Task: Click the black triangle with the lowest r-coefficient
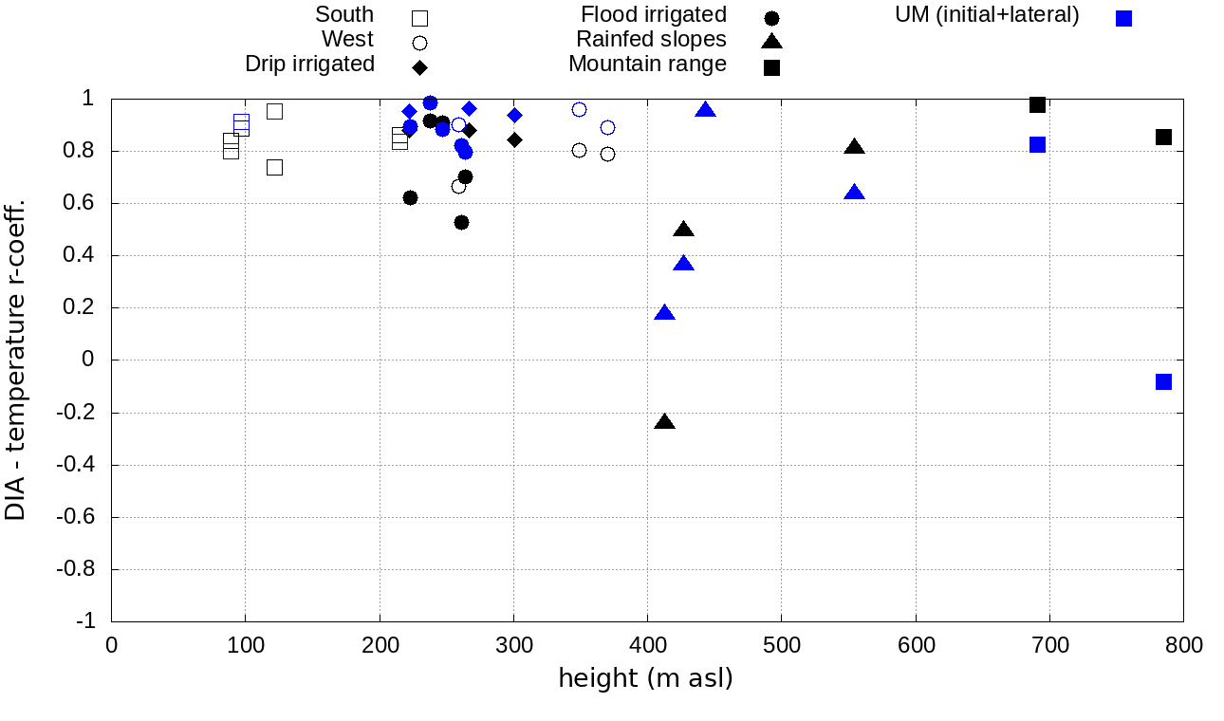point(665,422)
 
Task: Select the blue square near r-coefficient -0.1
point(1163,381)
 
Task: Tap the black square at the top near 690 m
point(1037,104)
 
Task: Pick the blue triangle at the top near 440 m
point(705,110)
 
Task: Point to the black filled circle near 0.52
point(461,222)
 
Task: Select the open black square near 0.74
point(274,167)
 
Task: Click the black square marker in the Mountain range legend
point(772,67)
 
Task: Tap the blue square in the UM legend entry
point(1123,18)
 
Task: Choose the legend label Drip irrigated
point(309,64)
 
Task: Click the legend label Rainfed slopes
point(651,40)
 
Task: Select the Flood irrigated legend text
point(653,15)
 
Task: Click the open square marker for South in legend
point(419,18)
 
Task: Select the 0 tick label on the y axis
point(87,360)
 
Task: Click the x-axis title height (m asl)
point(645,679)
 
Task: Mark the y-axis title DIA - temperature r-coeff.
point(16,360)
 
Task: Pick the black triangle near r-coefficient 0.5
point(683,230)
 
